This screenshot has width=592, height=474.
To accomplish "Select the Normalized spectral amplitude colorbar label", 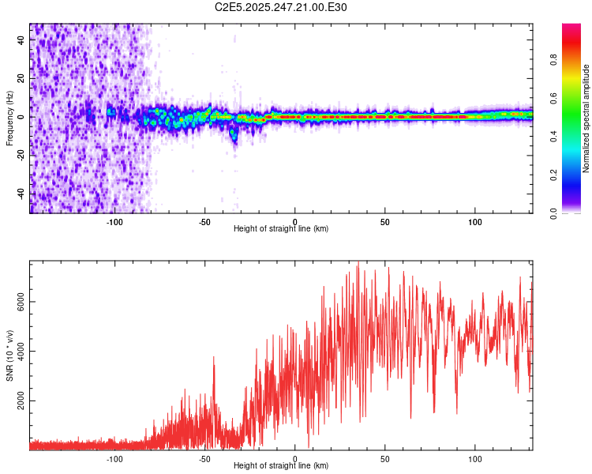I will click(586, 118).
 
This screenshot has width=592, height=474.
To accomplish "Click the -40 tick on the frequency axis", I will click(21, 194).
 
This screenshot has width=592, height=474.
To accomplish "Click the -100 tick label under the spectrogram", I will click(114, 222).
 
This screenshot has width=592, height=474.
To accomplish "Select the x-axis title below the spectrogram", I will click(281, 229).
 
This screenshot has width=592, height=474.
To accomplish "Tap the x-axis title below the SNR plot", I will click(281, 466).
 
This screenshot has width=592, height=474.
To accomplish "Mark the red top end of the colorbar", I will click(571, 27).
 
